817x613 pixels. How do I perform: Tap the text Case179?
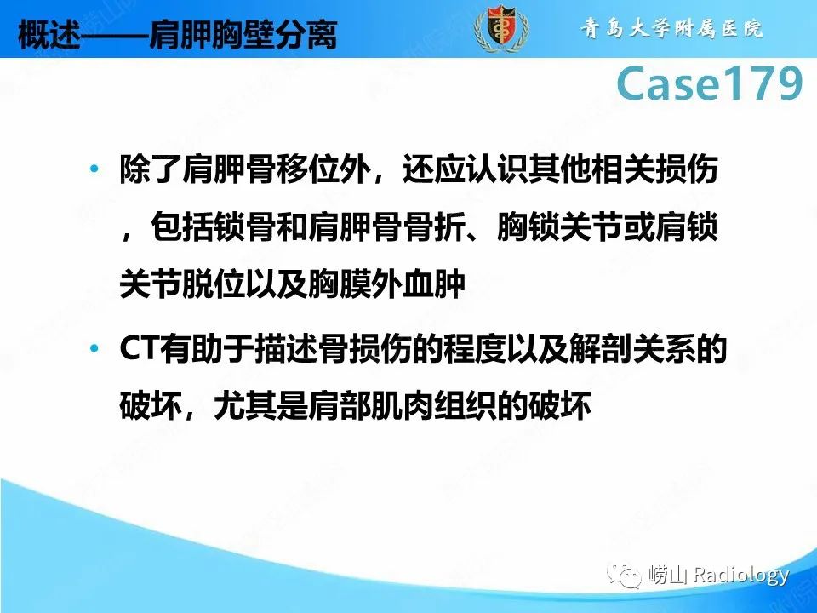[708, 83]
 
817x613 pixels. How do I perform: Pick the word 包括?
[180, 228]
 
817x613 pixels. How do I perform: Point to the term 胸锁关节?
[544, 228]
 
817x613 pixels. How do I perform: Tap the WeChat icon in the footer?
[628, 576]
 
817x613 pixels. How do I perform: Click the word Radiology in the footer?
[741, 576]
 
